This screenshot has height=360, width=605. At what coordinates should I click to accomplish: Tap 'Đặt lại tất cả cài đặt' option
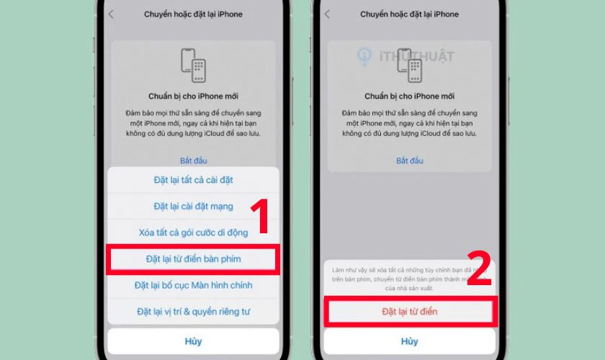193,180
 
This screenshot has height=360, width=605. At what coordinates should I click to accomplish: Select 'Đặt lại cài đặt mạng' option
193,207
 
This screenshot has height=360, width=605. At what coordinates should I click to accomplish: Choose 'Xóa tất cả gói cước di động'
193,233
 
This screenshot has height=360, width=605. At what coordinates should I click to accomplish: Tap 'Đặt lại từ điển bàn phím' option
193,258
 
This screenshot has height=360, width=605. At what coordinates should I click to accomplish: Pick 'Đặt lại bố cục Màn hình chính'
193,285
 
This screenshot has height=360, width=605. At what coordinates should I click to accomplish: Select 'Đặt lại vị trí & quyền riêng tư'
193,312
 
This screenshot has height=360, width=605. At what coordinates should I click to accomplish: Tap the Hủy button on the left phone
193,341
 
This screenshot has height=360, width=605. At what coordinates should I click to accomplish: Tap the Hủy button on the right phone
409,341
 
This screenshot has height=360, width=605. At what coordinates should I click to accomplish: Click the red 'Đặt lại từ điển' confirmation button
409,312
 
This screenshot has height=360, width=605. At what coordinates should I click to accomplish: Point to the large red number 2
479,269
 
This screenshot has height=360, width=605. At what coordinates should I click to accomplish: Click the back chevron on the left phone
112,14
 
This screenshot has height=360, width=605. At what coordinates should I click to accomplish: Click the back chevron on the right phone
328,14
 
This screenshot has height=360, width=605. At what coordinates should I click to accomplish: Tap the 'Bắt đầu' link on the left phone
193,161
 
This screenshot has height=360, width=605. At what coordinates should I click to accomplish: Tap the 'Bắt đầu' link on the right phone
409,161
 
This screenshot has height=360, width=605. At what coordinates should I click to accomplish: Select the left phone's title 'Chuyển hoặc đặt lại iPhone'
193,14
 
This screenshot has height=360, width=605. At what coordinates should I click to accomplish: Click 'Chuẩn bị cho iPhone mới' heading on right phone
409,96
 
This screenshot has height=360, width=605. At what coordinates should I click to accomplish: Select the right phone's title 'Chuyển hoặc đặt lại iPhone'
409,14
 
